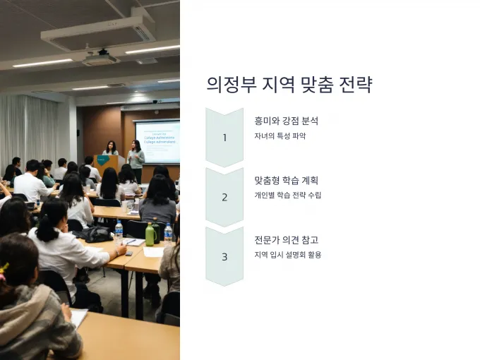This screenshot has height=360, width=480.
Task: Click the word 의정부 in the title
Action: coord(232,84)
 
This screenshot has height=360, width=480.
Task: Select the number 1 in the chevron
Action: coord(224,138)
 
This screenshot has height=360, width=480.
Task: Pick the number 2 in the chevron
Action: coord(224,197)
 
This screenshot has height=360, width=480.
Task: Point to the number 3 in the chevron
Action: coord(224,256)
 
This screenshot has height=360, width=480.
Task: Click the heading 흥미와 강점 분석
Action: coord(286,120)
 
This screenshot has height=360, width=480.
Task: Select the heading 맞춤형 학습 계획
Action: coord(286,180)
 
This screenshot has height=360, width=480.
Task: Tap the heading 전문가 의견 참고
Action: coord(286,239)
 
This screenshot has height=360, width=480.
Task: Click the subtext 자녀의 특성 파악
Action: coord(280,136)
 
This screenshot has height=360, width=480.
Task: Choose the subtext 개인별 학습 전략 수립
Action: coord(288,195)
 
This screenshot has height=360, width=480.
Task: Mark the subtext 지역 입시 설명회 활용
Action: coord(288,254)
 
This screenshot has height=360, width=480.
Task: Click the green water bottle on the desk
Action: coord(150,234)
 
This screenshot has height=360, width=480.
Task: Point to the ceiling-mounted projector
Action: coord(100,57)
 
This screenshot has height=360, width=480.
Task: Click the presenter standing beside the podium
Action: coord(136,160)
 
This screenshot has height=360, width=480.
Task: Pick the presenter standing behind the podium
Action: coord(111,148)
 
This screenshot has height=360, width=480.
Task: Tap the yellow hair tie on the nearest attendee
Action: coord(4,271)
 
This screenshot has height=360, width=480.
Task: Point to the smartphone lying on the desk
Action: coord(129,253)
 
